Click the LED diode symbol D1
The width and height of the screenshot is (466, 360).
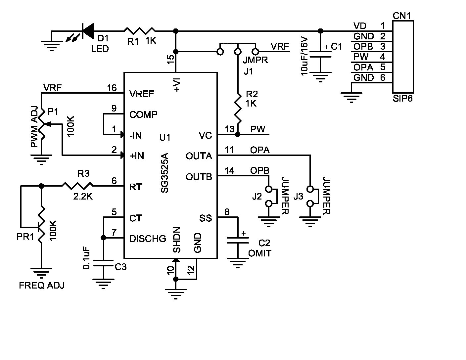(87, 31)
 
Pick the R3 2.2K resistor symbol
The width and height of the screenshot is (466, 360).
(77, 186)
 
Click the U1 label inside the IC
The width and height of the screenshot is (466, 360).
(164, 137)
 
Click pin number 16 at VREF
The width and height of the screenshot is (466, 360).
(112, 88)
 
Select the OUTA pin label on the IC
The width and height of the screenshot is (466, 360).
(199, 156)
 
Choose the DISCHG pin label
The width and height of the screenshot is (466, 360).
(148, 239)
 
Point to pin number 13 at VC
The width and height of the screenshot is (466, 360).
(229, 129)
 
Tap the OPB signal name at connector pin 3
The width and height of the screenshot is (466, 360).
(363, 46)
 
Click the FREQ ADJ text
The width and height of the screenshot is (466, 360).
(42, 285)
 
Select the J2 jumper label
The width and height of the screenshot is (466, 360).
(257, 197)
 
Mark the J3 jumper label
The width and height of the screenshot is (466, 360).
(298, 197)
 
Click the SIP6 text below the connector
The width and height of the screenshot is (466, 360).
(403, 98)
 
